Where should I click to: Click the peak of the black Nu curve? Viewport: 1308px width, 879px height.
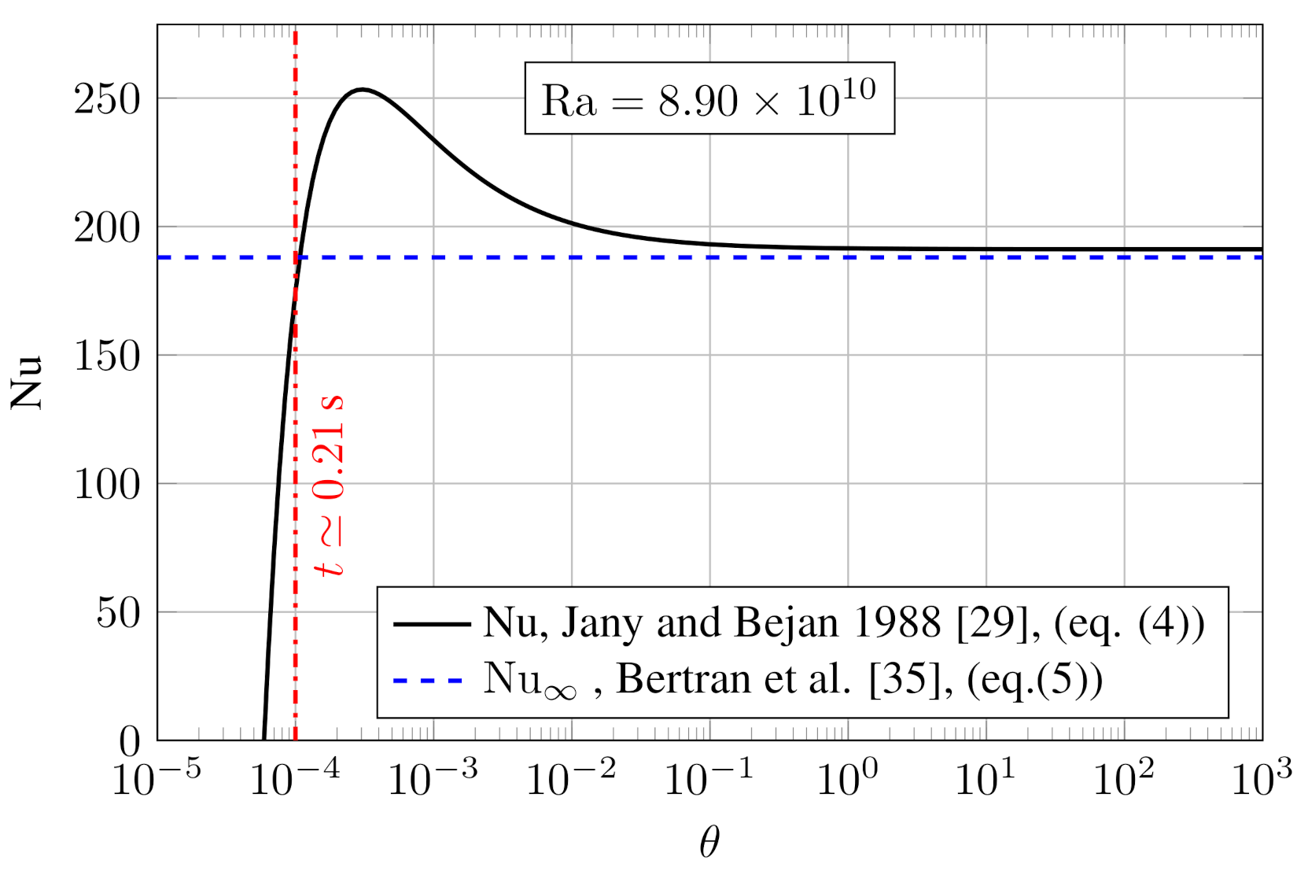tap(362, 90)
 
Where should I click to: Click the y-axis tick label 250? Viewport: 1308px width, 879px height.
tap(107, 99)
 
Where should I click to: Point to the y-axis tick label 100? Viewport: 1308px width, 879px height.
tap(107, 484)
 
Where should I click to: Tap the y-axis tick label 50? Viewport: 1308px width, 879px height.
tap(118, 612)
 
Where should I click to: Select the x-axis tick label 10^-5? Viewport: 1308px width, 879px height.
tap(156, 778)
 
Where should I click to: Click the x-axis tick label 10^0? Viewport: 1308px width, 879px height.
tap(847, 778)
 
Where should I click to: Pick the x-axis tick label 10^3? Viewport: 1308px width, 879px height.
tap(1261, 778)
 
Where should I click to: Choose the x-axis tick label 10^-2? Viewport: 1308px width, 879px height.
tap(570, 778)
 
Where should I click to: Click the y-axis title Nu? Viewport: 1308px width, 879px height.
tap(26, 382)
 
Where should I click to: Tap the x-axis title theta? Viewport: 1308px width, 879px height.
tap(709, 843)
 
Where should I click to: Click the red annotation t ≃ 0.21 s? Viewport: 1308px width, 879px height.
tap(330, 485)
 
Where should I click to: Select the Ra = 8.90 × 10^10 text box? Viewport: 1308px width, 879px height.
tap(709, 99)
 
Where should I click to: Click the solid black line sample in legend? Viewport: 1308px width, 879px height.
tap(431, 624)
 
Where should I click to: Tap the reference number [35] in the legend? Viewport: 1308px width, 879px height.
tap(905, 679)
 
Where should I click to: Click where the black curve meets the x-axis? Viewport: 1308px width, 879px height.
tap(263, 739)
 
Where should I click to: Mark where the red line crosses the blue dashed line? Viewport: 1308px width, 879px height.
tap(295, 257)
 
